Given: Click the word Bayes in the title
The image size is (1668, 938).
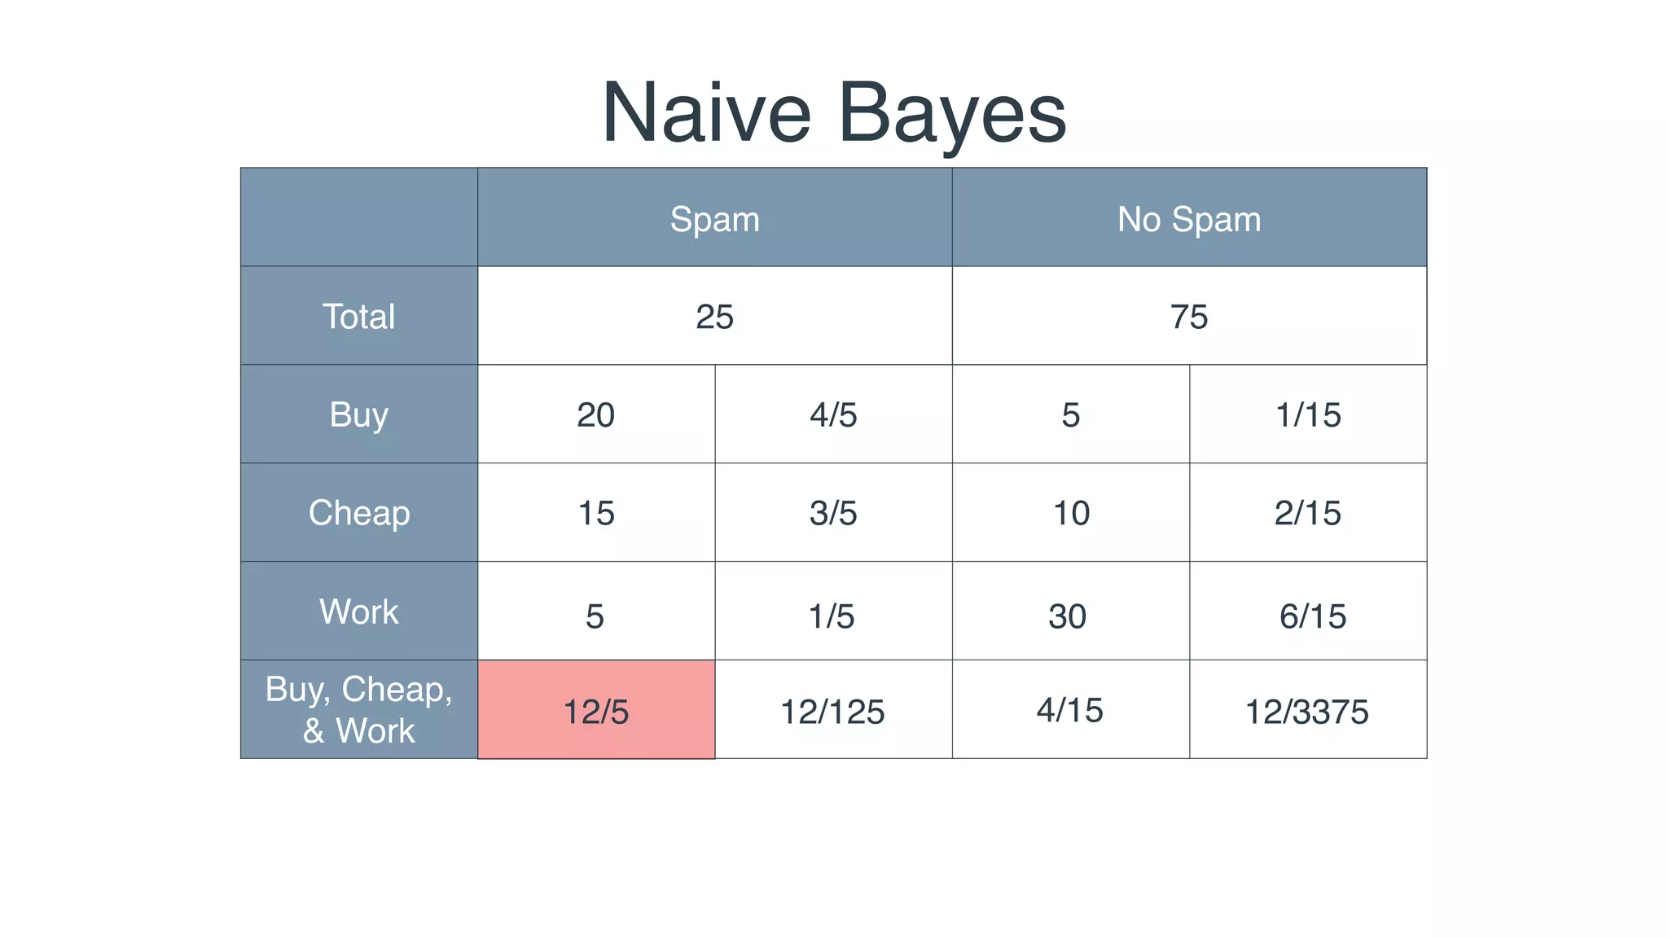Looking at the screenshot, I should pos(952,114).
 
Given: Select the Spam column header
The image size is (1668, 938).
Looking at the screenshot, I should pos(714,219).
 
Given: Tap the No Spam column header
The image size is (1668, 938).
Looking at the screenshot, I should pos(1188,219).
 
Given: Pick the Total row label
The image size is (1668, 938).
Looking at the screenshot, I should pos(358,316).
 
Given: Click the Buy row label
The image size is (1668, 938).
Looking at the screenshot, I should pos(358,414).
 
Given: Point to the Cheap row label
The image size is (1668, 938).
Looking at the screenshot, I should pos(358,513).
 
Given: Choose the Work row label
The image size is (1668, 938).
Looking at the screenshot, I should pos(358,611).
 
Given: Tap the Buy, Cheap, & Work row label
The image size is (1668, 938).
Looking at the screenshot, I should pos(358,709).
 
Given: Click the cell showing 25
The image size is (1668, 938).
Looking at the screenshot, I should pos(714,316).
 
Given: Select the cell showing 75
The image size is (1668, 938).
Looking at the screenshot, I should pos(1188,316).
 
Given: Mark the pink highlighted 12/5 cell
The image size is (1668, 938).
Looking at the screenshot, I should pos(596,711).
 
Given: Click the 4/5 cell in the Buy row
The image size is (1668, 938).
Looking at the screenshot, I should pos(833,415).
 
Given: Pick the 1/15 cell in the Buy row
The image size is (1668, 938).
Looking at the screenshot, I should pos(1307,415).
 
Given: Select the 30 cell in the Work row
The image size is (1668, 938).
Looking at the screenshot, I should pos(1067,616).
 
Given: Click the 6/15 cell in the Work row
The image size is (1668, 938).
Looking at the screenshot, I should pos(1312,616).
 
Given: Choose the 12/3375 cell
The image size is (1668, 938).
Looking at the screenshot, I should pos(1306,712).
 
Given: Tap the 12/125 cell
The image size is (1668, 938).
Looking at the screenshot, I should pos(832,712).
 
